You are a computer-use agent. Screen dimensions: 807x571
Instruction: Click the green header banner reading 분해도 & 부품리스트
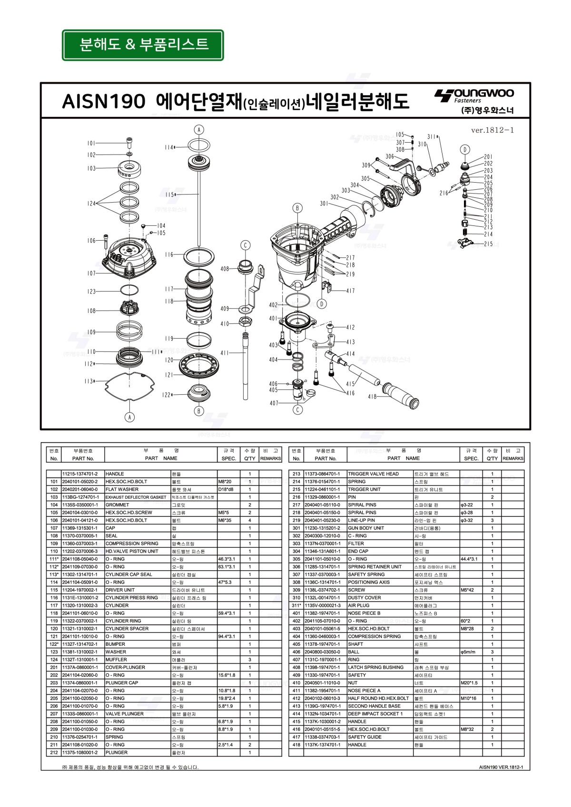[143, 45]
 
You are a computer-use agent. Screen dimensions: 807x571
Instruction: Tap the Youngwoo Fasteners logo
[474, 101]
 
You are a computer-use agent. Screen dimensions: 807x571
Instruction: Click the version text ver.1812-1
[492, 130]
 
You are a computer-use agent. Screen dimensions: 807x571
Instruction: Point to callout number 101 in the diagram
[91, 143]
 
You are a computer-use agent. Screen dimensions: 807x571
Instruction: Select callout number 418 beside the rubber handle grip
[372, 396]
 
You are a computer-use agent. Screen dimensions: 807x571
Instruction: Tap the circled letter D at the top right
[465, 149]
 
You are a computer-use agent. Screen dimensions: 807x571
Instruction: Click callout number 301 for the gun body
[324, 204]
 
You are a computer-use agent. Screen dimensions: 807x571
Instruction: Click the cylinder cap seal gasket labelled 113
[129, 388]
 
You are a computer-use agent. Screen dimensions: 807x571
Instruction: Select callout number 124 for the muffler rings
[91, 204]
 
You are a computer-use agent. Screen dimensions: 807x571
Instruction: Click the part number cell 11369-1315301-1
[80, 528]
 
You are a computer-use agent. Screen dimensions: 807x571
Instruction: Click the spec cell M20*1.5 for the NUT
[469, 683]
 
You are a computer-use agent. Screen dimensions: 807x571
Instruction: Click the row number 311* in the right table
[296, 605]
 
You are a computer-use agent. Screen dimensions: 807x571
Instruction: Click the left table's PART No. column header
[83, 458]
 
